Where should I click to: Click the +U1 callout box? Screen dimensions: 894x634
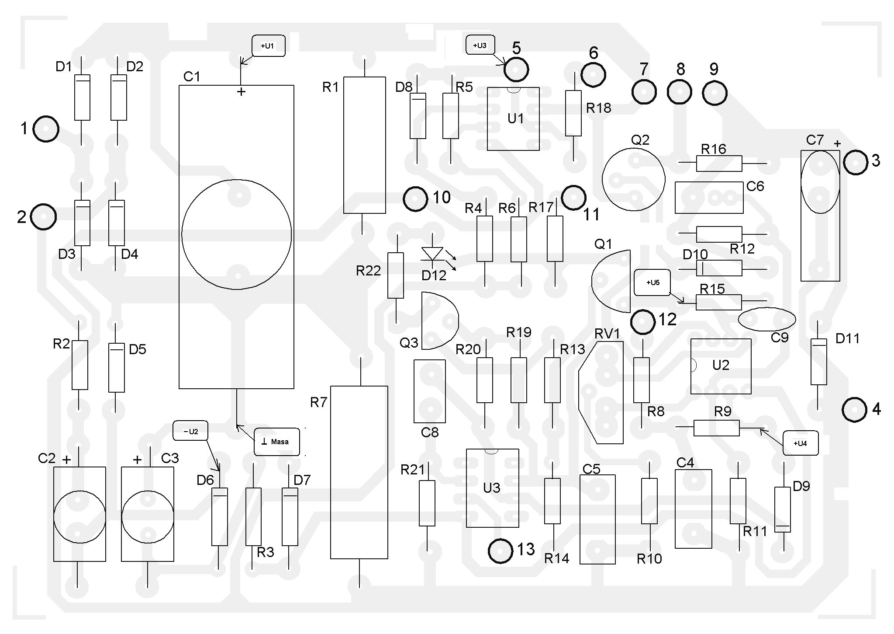[x=269, y=45]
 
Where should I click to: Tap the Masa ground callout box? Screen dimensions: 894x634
[x=277, y=442]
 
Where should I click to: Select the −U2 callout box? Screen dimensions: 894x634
[x=190, y=431]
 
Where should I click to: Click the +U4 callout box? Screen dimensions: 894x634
[x=800, y=443]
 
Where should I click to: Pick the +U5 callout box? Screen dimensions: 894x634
[x=652, y=282]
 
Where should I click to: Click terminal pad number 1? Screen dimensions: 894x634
[x=46, y=129]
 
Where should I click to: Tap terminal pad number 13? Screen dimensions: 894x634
[x=501, y=551]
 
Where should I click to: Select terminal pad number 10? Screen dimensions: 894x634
[x=415, y=199]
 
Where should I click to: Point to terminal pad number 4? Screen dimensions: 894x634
[x=854, y=410]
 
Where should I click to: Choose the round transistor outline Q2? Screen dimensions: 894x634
[x=633, y=179]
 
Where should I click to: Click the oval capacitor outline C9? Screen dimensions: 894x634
[x=767, y=320]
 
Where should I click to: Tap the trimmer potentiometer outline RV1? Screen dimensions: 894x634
[x=601, y=393]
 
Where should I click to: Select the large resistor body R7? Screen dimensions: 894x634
[x=359, y=472]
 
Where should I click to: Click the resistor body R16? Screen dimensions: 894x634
[x=719, y=164]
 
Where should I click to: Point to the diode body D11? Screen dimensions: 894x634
[x=819, y=362]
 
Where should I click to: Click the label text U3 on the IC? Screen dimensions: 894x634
[x=492, y=488]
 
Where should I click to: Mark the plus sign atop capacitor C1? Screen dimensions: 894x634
[x=241, y=91]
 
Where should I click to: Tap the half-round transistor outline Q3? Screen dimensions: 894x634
[x=440, y=321]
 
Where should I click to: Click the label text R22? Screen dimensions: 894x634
[x=368, y=271]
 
